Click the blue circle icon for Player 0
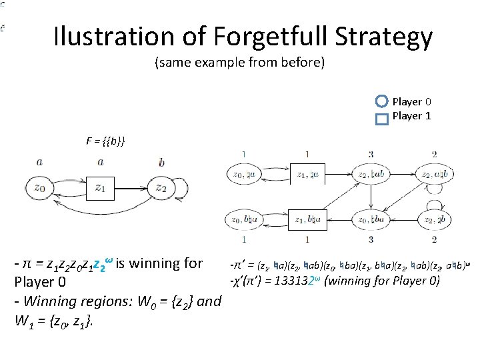[x=381, y=102]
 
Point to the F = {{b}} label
[x=105, y=142]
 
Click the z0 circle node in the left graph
[x=39, y=188]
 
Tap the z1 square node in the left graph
[x=100, y=188]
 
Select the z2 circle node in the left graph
[x=162, y=188]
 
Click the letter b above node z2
[x=162, y=162]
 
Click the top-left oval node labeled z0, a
[x=245, y=175]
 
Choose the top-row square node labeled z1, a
[x=306, y=175]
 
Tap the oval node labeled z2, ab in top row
[x=371, y=175]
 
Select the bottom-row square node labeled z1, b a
[x=306, y=219]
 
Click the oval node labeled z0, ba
[x=245, y=219]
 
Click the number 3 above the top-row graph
[x=370, y=155]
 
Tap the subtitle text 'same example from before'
[x=240, y=63]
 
